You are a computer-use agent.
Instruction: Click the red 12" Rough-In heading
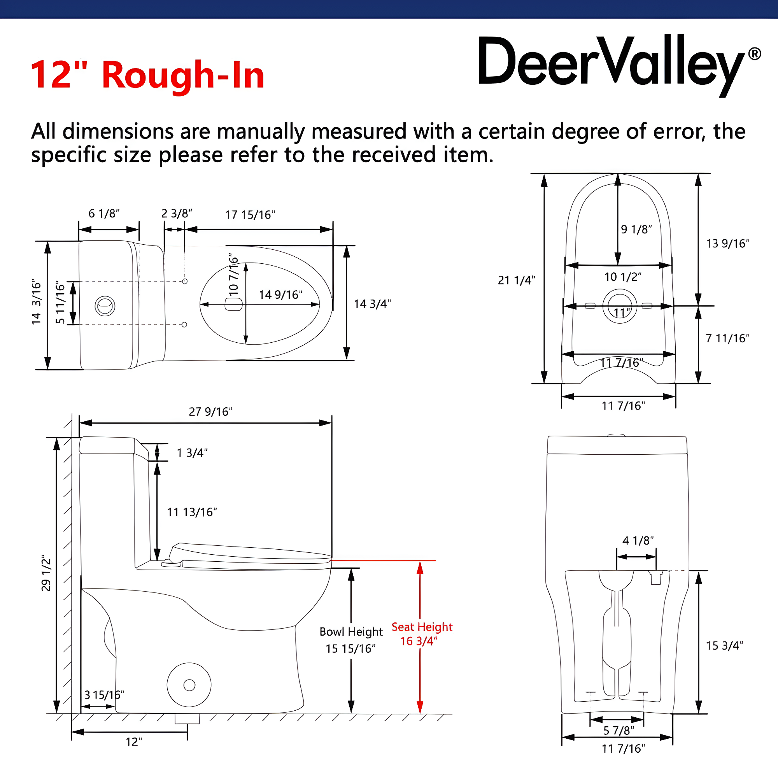point(147,75)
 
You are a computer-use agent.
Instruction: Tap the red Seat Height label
point(422,627)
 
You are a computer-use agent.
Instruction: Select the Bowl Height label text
point(351,631)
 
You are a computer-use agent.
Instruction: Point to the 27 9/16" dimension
point(210,412)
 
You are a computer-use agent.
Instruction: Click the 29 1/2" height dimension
point(46,575)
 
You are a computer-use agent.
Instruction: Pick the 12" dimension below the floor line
point(134,742)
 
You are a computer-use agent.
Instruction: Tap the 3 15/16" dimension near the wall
point(104,695)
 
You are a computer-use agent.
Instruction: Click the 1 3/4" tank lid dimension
point(192,453)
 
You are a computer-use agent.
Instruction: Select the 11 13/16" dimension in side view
point(192,512)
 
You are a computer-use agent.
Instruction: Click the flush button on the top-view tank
point(105,306)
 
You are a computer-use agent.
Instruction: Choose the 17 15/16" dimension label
point(250,215)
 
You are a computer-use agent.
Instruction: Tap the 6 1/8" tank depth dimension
point(104,214)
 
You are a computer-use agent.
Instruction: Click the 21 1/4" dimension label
point(516,280)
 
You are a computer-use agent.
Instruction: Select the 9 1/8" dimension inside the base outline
point(636,230)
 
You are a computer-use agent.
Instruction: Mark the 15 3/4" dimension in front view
point(724,645)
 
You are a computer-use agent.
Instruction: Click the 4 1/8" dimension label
point(638,540)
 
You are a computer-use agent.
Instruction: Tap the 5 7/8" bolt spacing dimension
point(619,731)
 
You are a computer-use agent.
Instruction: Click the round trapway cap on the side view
point(189,685)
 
